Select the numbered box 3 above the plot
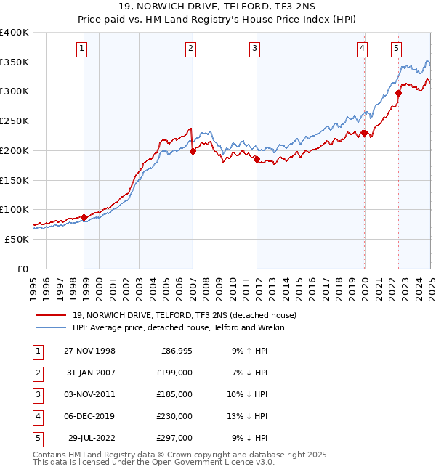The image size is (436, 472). click(x=255, y=49)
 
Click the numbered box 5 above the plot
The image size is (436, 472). click(x=396, y=49)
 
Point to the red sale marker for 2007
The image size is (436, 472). click(x=193, y=152)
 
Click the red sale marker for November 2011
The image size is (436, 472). click(x=257, y=158)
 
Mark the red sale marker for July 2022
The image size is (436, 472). click(x=399, y=93)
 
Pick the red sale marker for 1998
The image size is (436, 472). click(x=84, y=217)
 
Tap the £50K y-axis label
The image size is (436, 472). click(x=16, y=239)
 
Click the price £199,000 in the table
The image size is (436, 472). click(x=175, y=373)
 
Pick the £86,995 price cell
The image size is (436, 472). click(x=175, y=351)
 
